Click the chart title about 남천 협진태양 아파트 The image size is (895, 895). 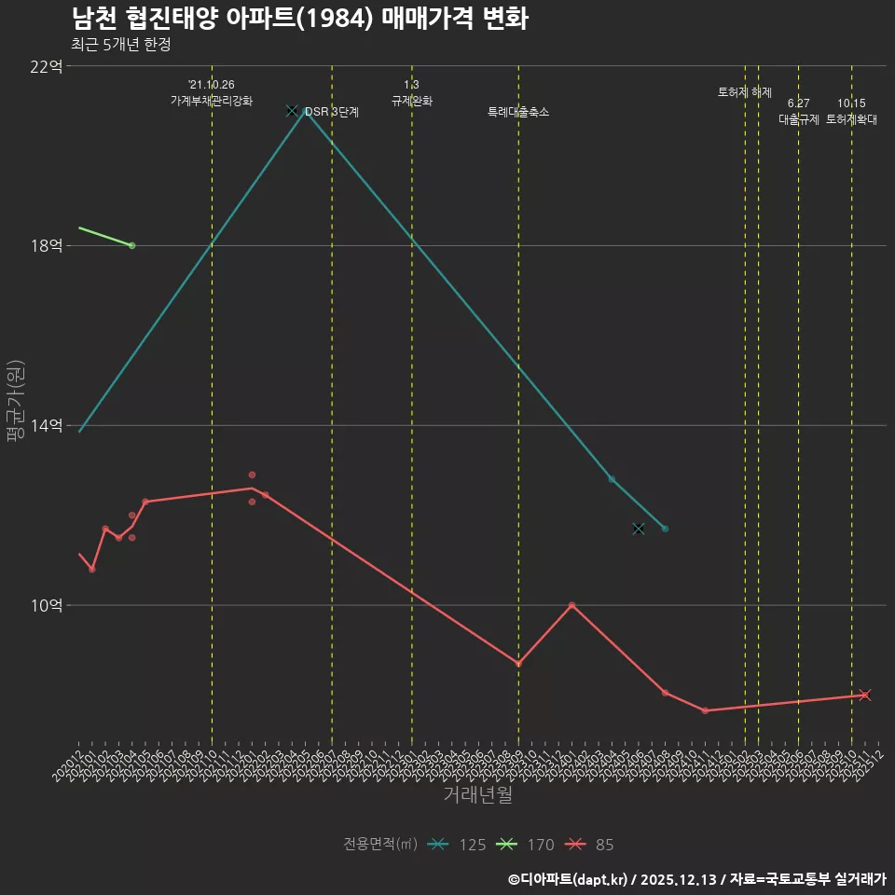300,19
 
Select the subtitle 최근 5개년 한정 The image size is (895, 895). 120,44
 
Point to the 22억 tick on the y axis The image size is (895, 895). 47,66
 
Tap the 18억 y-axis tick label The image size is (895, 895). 47,246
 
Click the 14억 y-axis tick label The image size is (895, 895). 47,425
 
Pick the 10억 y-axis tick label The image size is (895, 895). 47,605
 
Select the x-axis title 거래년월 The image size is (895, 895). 477,795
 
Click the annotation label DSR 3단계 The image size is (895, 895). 332,112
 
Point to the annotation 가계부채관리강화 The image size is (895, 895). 212,101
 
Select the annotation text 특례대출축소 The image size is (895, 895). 518,112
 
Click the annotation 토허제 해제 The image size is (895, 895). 745,92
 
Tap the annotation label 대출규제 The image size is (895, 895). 798,119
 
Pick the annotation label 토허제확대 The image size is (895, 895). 851,119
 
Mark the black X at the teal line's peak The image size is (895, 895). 292,110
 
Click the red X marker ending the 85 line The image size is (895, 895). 865,695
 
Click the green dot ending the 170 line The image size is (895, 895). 132,245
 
